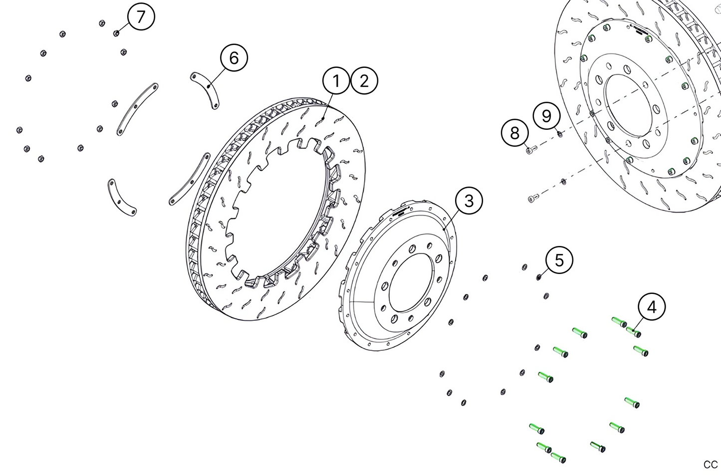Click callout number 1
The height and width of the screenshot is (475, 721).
tap(336, 81)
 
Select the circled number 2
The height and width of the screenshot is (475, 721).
tap(364, 81)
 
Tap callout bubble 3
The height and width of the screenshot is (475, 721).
tap(469, 201)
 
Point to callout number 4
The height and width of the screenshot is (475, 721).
tap(652, 307)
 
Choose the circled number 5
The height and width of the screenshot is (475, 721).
tap(559, 260)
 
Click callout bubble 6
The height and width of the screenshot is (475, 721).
tap(234, 58)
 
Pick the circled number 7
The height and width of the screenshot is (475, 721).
tap(141, 17)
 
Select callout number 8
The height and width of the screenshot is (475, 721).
tap(514, 133)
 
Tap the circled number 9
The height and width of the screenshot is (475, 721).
tap(546, 116)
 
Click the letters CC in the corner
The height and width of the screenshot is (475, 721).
tap(711, 465)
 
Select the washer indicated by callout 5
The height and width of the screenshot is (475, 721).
tap(539, 277)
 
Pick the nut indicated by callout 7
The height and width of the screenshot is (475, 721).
tap(116, 33)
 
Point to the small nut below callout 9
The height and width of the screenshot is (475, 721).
tap(560, 133)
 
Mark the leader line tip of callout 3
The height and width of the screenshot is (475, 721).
tap(444, 228)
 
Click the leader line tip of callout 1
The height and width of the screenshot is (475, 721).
tap(323, 118)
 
